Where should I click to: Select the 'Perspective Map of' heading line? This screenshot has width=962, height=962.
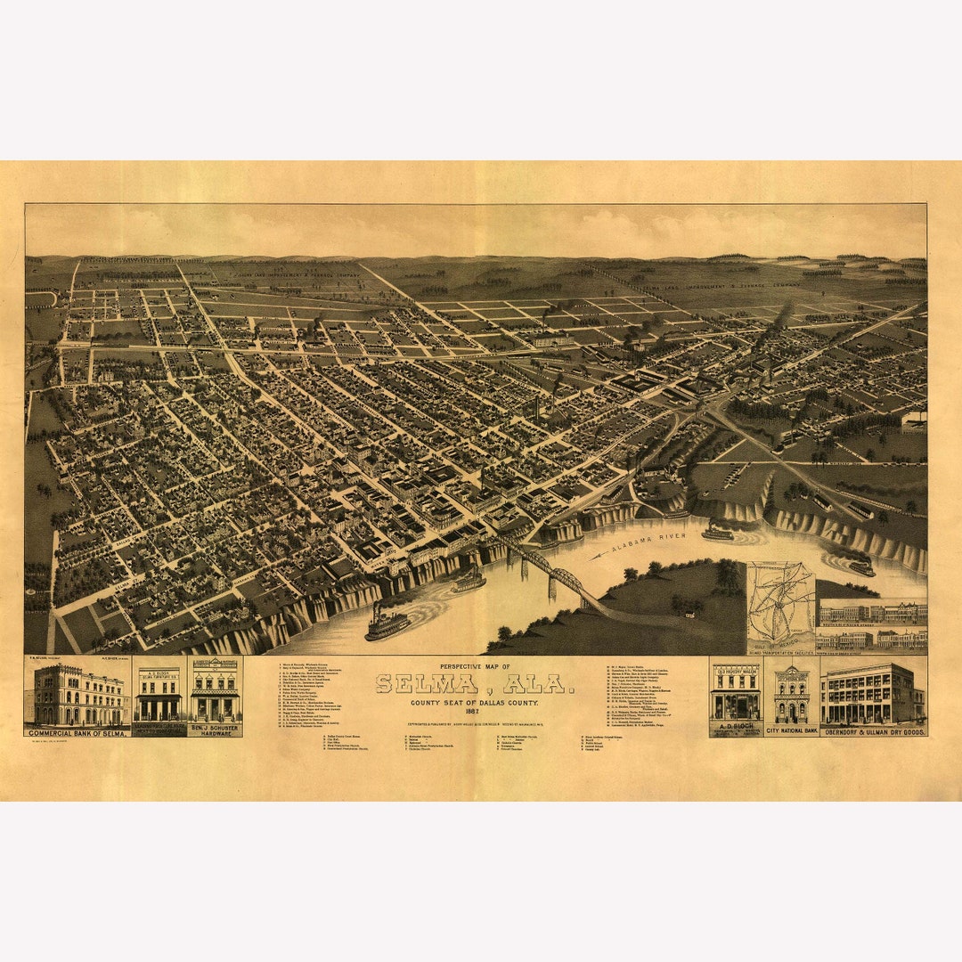point(475,666)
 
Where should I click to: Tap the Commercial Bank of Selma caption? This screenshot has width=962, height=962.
point(77,731)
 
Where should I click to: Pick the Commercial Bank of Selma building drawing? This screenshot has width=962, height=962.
point(78,695)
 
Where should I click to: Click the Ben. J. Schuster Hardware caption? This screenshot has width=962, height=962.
point(215,728)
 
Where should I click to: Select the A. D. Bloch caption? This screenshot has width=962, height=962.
point(735,726)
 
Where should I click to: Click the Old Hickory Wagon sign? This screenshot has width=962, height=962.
point(735,669)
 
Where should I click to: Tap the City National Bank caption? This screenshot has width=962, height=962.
point(791,730)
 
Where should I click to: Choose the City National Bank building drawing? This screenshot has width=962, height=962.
point(791,695)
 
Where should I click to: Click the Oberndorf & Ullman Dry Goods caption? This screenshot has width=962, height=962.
point(873,730)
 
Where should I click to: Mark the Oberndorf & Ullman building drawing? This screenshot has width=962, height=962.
point(871,693)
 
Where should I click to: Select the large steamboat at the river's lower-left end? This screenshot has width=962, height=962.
point(387,623)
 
